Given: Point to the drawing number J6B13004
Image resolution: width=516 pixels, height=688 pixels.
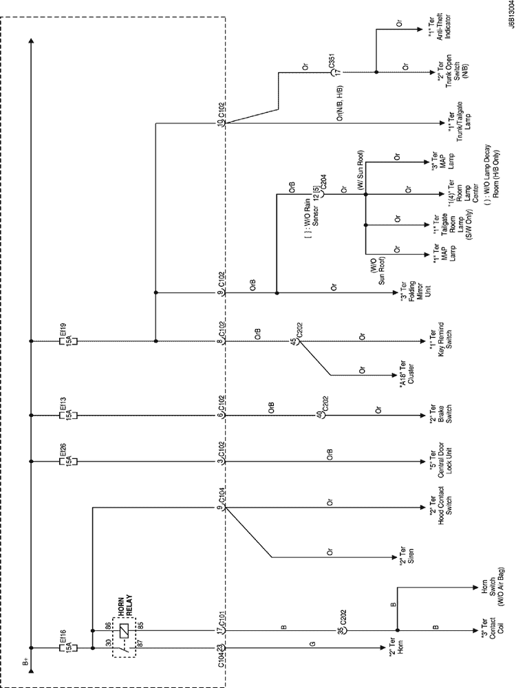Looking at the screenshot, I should click(x=507, y=23).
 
